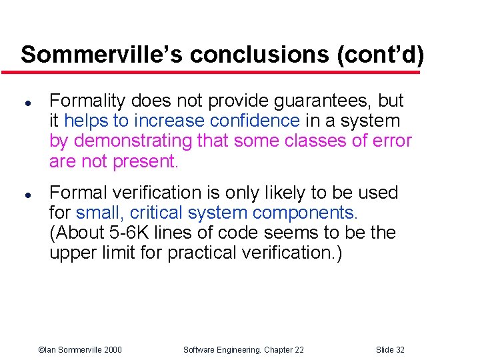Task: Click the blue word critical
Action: pos(158,213)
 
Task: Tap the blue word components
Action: pos(305,213)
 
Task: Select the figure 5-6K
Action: pos(118,233)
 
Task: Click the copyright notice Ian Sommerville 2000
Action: pos(80,350)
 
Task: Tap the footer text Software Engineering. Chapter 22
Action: pos(243,350)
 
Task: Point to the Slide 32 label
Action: pos(390,350)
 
